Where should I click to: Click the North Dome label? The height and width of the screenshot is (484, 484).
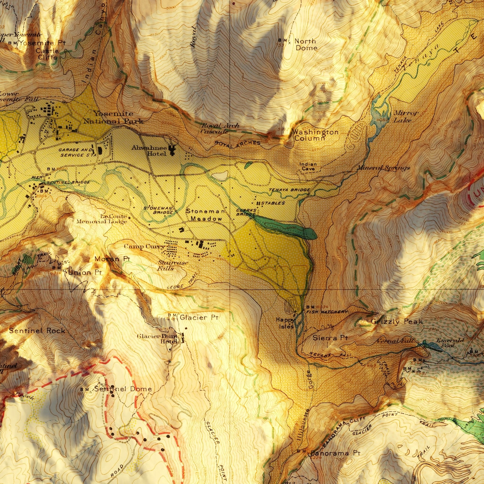[306, 45]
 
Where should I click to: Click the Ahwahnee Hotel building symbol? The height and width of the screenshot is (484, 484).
[172, 150]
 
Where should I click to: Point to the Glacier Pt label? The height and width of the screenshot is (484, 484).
[199, 318]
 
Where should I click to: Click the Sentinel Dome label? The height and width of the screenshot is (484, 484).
[123, 389]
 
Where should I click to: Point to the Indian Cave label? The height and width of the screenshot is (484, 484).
[308, 167]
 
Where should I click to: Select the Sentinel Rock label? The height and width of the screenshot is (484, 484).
[37, 331]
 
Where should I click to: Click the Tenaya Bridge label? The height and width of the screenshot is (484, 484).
[289, 190]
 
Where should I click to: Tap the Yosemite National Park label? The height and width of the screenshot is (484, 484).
[113, 117]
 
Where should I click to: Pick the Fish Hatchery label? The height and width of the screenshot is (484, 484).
[327, 312]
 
